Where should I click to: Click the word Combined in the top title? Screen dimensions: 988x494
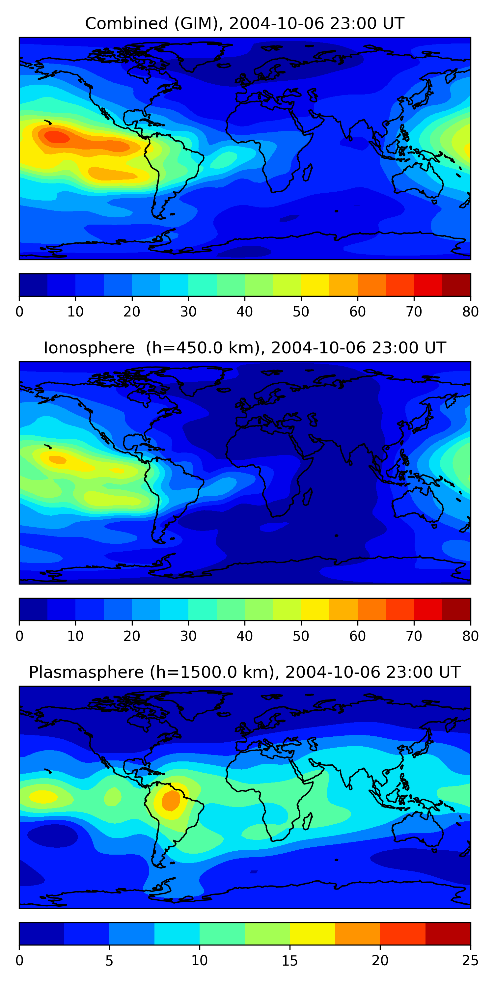[x=126, y=23]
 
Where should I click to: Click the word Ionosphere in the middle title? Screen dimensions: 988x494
[x=89, y=348]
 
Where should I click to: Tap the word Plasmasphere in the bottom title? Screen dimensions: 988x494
[x=86, y=672]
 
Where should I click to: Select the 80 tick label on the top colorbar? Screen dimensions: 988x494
[x=470, y=312]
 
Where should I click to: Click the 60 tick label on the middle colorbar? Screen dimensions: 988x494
[x=357, y=636]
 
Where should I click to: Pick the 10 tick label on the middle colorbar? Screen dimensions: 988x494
[x=75, y=636]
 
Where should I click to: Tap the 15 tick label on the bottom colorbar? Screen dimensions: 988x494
[x=289, y=960]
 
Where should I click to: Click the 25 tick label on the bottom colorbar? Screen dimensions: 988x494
[x=470, y=960]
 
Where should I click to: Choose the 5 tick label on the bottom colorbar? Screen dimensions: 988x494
[x=109, y=960]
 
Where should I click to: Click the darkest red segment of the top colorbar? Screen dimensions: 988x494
[x=456, y=285]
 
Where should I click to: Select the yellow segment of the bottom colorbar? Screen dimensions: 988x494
[x=312, y=934]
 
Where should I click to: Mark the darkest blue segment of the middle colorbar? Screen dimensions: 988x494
[x=33, y=609]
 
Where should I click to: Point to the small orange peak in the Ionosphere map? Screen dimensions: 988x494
[x=58, y=459]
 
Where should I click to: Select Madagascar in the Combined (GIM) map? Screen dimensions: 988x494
[x=308, y=173]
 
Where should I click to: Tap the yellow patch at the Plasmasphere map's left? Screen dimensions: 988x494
[x=43, y=797]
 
